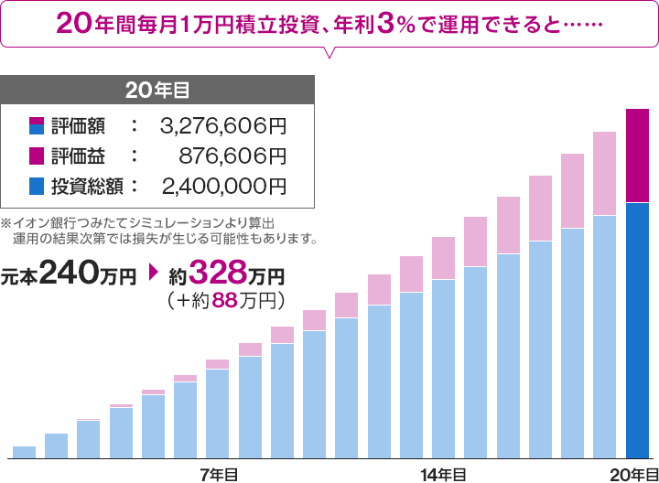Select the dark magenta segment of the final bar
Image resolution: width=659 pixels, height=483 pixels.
coord(637,156)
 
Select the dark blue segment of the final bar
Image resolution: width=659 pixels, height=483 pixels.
coord(637,329)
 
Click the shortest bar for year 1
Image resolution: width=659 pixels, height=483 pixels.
coord(24,452)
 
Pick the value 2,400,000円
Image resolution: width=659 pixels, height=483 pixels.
coord(223,187)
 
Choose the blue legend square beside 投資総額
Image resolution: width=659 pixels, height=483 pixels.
coord(37,187)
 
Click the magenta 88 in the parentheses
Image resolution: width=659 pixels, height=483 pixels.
coord(225,299)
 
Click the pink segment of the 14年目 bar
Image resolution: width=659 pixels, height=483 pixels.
coord(444,258)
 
